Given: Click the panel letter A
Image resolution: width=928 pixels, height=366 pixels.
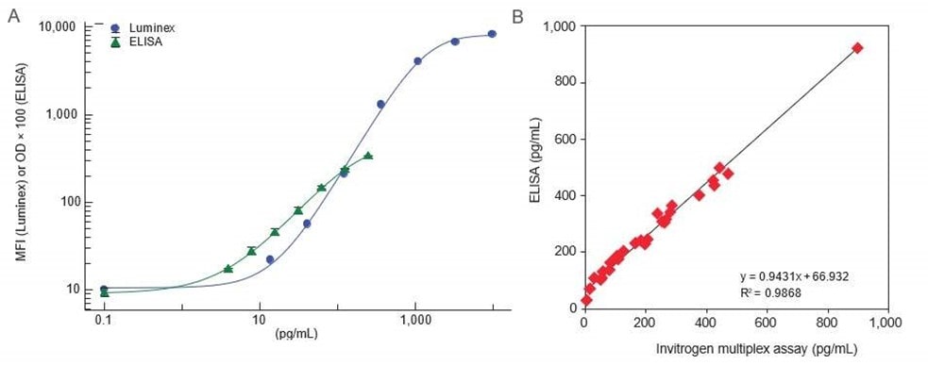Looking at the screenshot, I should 12,17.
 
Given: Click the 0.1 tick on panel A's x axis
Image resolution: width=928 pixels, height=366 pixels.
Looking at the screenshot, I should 104,320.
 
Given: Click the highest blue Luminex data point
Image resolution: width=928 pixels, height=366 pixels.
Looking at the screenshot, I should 492,34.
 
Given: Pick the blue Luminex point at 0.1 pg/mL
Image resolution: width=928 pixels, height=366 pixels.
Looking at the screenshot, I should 104,289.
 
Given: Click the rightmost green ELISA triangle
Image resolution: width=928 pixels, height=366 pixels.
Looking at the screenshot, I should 368,156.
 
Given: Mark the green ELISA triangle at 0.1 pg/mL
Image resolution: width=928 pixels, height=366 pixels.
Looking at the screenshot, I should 104,293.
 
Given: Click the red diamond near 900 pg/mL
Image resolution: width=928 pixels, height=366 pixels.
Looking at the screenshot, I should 857,47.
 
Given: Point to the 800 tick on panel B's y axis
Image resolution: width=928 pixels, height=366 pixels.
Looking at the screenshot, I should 564,83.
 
